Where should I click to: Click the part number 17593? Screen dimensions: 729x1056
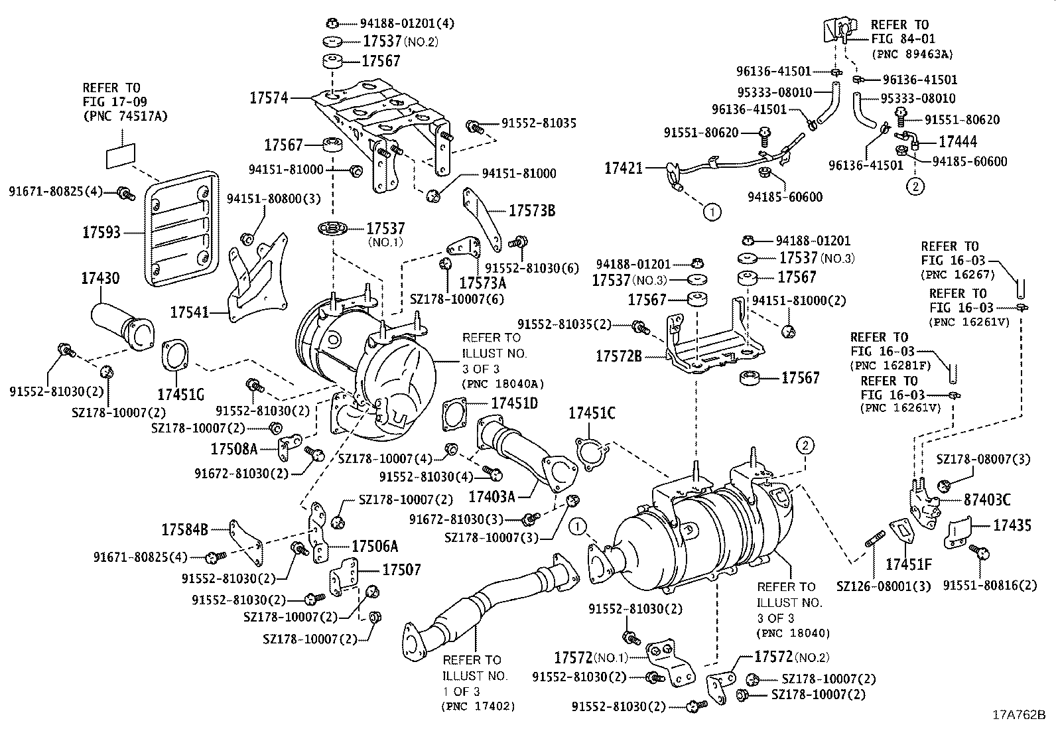[101, 232]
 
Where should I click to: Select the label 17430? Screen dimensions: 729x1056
[100, 279]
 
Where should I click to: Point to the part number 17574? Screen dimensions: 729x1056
[269, 98]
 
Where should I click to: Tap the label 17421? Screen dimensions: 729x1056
[624, 168]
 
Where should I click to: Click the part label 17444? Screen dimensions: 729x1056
[957, 141]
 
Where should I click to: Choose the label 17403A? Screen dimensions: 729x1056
[491, 496]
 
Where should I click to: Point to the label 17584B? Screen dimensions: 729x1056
[185, 529]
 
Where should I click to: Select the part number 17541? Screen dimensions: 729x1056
[190, 310]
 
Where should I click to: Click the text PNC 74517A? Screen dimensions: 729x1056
[125, 116]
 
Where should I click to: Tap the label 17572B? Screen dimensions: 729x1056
[619, 357]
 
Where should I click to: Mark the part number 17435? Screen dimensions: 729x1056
[1012, 526]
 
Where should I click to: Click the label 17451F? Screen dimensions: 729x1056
[909, 565]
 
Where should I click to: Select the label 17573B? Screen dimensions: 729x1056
[532, 211]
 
